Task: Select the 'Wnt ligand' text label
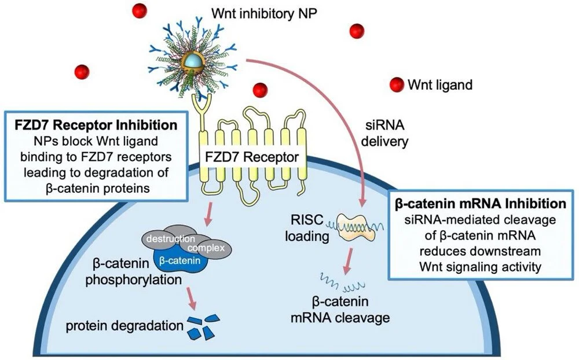click(x=440, y=85)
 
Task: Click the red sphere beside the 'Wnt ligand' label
click(x=397, y=84)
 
